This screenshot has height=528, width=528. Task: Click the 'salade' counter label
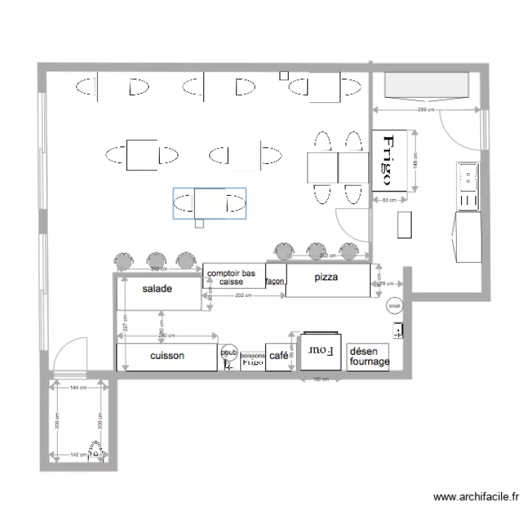coord(157,289)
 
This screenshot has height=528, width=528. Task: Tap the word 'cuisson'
coord(168,356)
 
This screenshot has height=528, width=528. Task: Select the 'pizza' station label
coord(326,277)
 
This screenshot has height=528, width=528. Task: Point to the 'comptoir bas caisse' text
coord(232,277)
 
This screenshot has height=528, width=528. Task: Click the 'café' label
coord(278,356)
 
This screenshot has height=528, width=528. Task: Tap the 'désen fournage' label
coord(368,357)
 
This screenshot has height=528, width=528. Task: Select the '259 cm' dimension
coord(425,110)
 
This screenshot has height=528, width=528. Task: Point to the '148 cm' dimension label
coord(417,161)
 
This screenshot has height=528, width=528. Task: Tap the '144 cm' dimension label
coord(78,388)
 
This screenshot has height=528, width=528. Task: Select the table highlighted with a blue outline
coord(210,203)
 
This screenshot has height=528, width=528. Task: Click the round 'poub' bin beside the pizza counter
coord(394,306)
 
